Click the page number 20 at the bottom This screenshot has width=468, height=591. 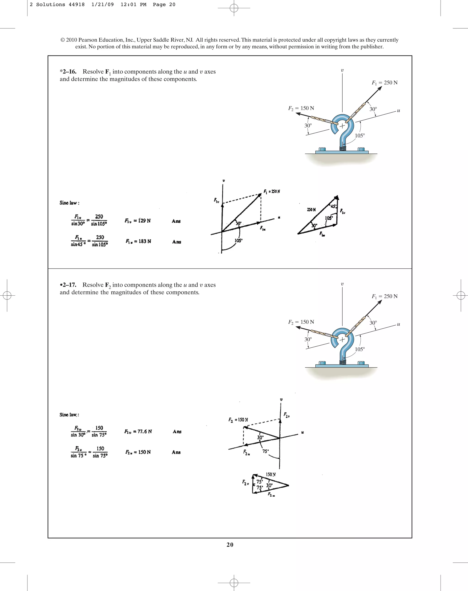230,544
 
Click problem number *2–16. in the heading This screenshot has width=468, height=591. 68,72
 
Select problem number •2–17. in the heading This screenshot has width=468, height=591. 68,285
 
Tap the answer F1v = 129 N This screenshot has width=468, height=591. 138,221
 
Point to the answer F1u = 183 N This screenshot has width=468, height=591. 138,241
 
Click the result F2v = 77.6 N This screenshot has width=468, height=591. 138,431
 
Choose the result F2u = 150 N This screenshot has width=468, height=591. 138,452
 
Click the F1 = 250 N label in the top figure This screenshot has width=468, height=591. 384,83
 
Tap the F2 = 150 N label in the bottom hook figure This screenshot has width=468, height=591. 301,322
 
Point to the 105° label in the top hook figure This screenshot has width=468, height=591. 360,136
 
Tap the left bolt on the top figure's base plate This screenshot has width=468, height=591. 322,150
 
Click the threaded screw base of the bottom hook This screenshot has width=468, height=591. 343,362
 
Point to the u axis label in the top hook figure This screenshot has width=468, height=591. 398,110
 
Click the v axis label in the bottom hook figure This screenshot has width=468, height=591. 342,284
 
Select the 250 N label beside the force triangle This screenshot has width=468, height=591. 311,210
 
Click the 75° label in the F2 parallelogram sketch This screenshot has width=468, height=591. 266,451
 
